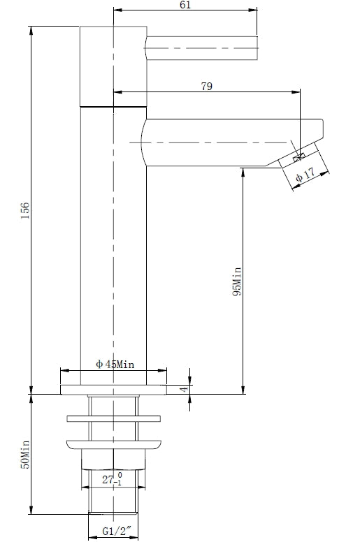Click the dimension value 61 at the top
point(185,6)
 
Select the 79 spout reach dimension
point(207,87)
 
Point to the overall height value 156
point(25,210)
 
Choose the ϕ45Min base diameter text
point(115,365)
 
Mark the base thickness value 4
point(184,388)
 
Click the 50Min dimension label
point(25,454)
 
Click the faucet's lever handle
point(203,47)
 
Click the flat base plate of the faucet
point(113,389)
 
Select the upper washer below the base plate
point(113,419)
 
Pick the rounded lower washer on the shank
point(113,443)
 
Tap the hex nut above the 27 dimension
point(113,459)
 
